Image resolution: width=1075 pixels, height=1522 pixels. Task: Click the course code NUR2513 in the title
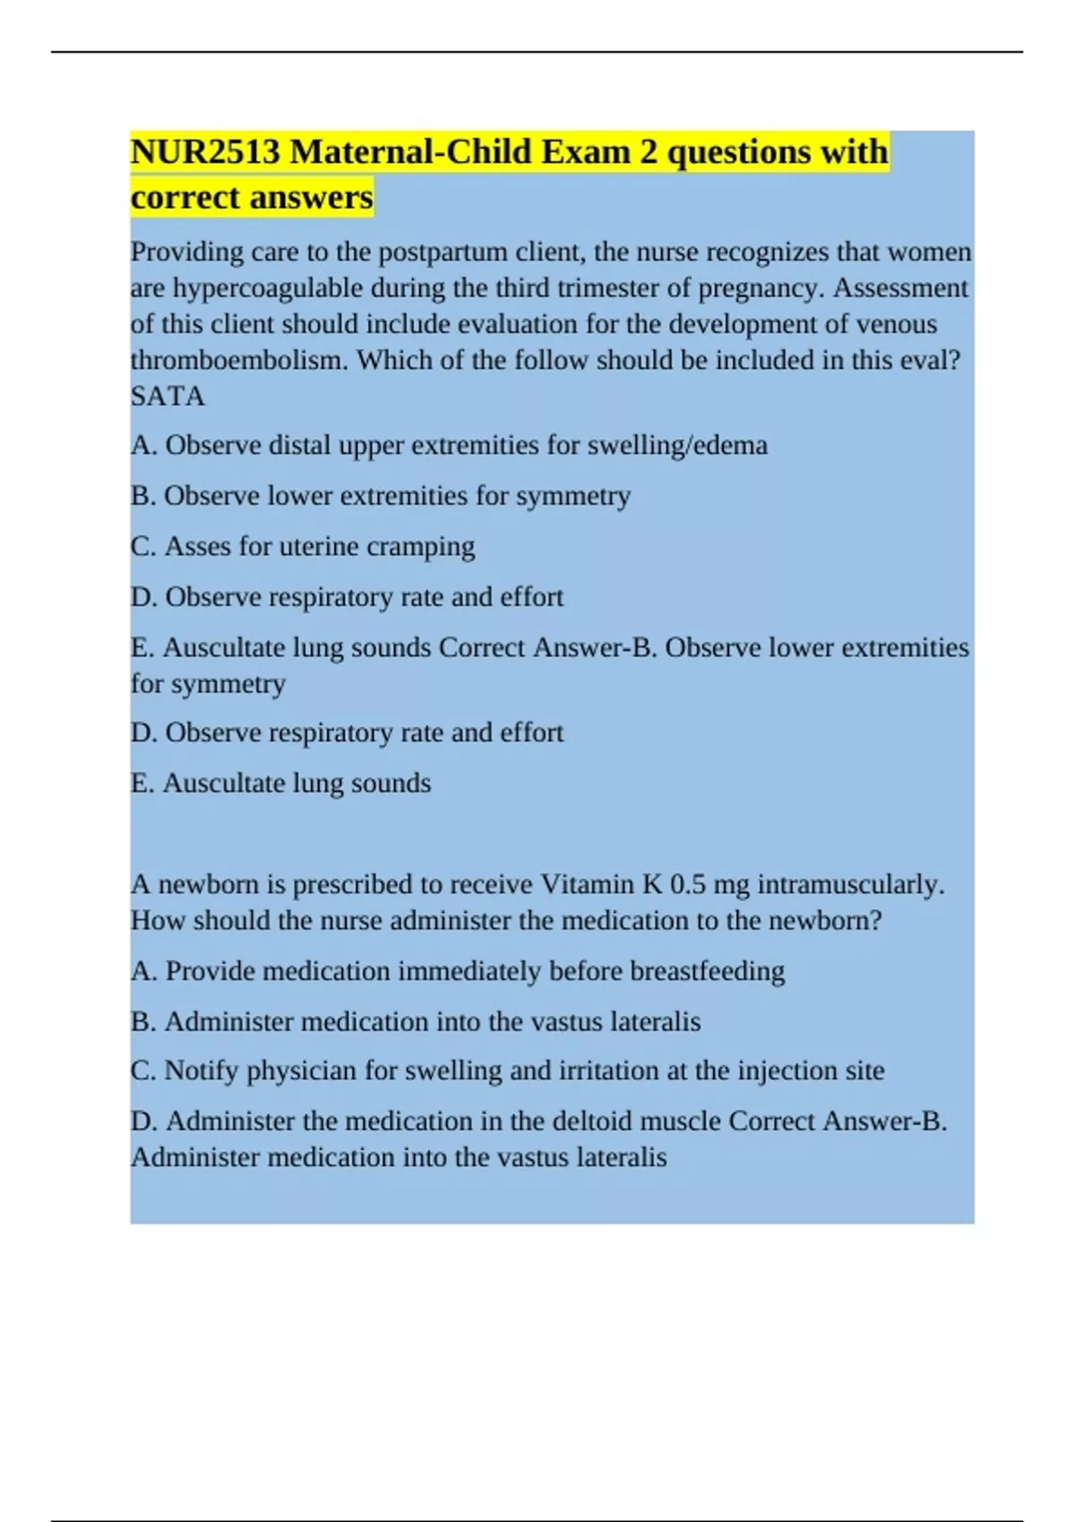(x=205, y=152)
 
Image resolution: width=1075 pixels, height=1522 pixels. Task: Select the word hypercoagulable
(x=268, y=288)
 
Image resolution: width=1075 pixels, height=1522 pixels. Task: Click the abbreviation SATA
(x=168, y=396)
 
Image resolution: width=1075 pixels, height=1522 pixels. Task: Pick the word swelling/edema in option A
(x=677, y=445)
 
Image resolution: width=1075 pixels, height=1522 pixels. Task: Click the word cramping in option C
(x=422, y=546)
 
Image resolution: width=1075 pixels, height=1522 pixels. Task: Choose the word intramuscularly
(x=851, y=885)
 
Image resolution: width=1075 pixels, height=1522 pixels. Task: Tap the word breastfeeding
(x=707, y=971)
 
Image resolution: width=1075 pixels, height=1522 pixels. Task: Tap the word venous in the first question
(x=896, y=324)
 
